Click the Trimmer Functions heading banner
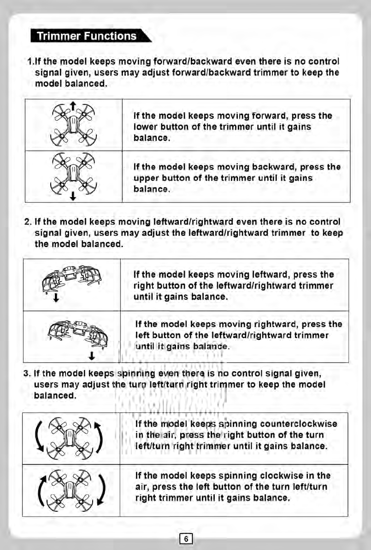tap(88, 36)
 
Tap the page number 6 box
tap(185, 538)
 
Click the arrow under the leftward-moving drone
tap(56, 301)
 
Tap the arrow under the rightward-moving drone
tap(93, 356)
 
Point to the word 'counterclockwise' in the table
tap(299, 424)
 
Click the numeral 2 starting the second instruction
tap(27, 223)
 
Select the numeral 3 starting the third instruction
tap(26, 373)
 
